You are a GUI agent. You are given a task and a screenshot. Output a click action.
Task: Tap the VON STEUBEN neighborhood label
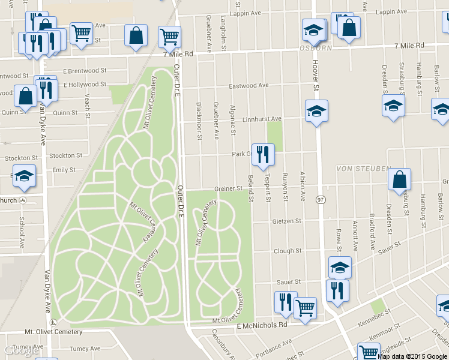point(363,169)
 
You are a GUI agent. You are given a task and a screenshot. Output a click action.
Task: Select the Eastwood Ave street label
point(249,85)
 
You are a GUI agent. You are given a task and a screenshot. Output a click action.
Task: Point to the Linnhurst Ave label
point(262,119)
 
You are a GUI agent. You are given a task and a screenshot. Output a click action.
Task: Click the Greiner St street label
point(228,188)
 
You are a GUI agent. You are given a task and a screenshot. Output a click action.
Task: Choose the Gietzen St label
point(286,221)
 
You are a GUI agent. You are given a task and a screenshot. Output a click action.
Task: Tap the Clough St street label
point(287,251)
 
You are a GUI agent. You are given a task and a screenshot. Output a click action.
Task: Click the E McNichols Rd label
point(262,325)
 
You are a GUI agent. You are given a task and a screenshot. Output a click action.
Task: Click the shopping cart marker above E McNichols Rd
point(305,308)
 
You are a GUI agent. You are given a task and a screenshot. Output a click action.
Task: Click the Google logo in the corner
point(17,351)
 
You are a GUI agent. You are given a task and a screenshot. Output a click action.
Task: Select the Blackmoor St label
point(199,118)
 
